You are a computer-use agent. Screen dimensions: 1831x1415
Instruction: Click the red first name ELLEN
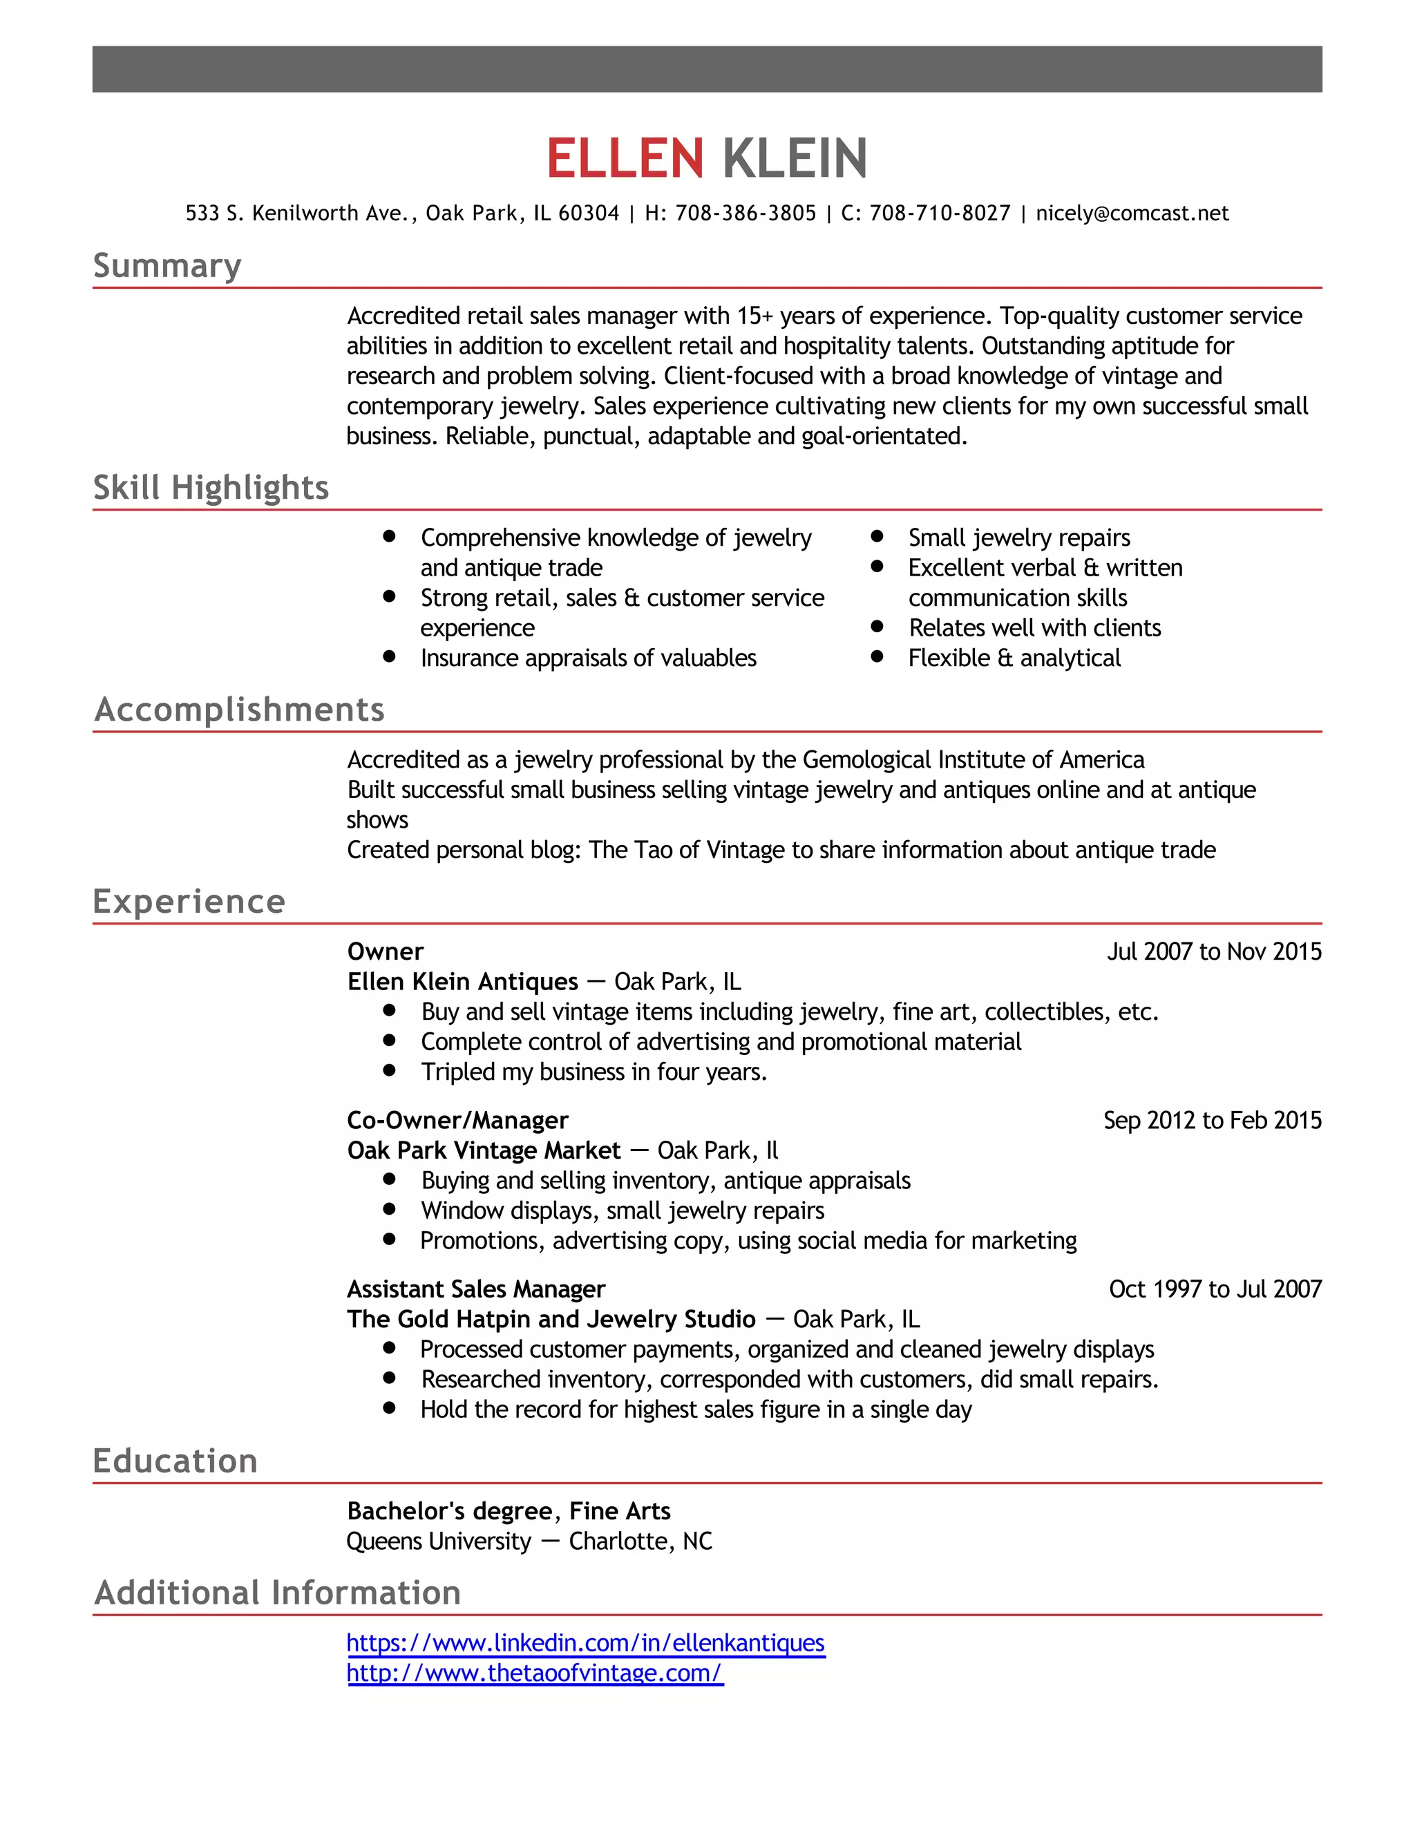[x=625, y=158]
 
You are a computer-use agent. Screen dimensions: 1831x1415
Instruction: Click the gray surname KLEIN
[x=794, y=158]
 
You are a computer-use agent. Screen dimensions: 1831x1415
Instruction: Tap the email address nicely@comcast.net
[x=1132, y=214]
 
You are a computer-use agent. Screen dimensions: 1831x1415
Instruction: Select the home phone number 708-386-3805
[x=746, y=214]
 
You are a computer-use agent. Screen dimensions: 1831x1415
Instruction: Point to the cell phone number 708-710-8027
[x=940, y=214]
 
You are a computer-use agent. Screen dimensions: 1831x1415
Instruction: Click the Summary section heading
[x=167, y=266]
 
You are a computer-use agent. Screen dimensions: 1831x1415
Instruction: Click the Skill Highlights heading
[x=211, y=488]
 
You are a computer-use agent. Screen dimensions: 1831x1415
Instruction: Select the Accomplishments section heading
[x=239, y=710]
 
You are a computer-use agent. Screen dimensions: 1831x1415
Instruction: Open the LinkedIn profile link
[x=585, y=1643]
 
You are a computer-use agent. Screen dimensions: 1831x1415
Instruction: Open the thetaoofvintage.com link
[x=534, y=1673]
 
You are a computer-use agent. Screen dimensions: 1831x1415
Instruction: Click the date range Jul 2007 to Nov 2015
[x=1214, y=951]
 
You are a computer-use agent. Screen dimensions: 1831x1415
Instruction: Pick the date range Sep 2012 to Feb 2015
[x=1212, y=1121]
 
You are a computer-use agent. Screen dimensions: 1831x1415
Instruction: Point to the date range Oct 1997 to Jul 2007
[x=1215, y=1289]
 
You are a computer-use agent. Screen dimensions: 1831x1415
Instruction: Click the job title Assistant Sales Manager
[x=475, y=1289]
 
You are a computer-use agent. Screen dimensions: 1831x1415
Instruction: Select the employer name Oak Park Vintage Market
[x=484, y=1151]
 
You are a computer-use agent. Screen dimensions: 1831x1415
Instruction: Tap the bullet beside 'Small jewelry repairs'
[x=877, y=535]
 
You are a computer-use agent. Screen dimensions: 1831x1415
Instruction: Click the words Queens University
[x=439, y=1541]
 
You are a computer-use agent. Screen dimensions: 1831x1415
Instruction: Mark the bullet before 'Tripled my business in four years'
[x=389, y=1070]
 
